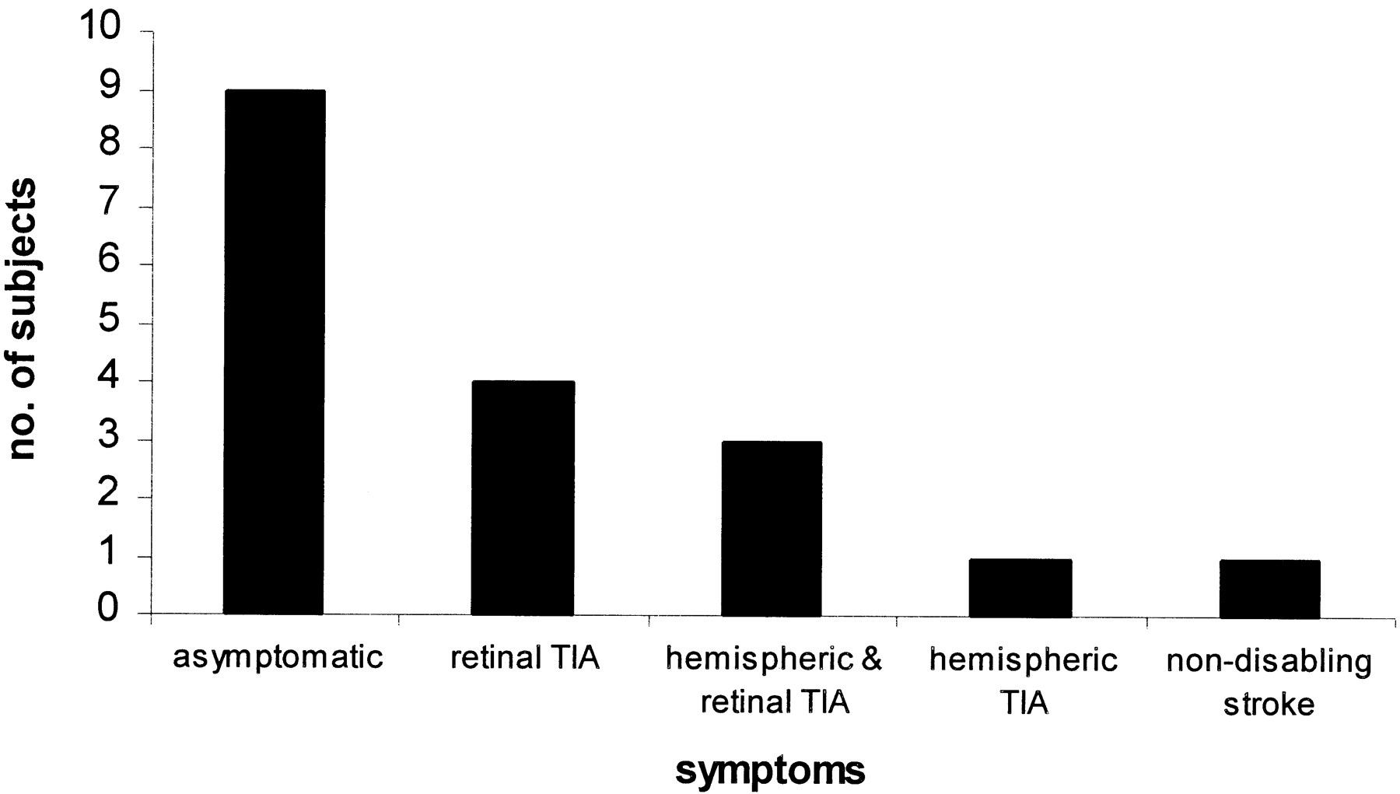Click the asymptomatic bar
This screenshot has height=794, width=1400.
274,352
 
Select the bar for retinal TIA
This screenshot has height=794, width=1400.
523,498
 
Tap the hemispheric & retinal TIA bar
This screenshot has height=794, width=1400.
772,529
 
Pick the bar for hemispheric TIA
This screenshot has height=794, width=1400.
1020,588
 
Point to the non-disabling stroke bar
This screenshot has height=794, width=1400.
1269,589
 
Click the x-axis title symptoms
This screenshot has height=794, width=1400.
770,771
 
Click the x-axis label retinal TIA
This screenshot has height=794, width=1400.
525,658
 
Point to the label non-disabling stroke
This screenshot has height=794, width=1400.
1269,682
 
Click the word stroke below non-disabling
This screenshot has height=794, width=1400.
1269,704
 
